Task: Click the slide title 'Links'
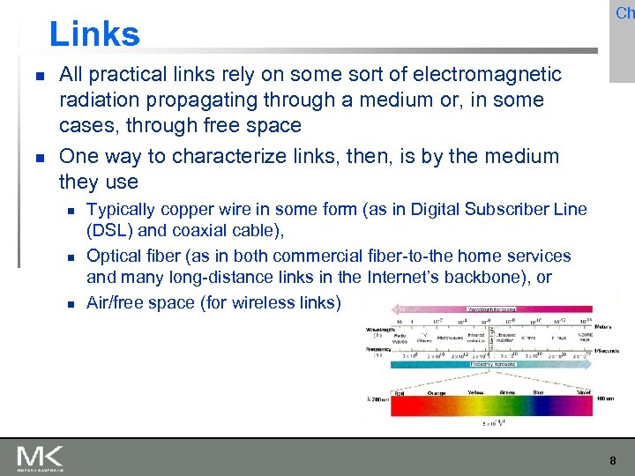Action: (x=94, y=34)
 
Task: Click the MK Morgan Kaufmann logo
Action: (x=40, y=457)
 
